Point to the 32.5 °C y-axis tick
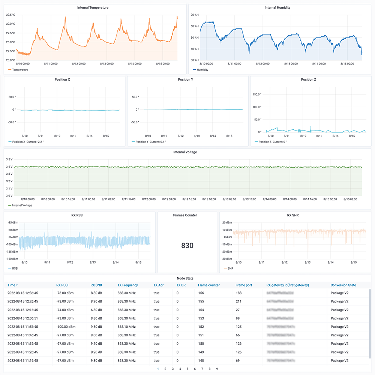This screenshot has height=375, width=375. pyautogui.click(x=10, y=15)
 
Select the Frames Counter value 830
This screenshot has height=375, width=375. pyautogui.click(x=187, y=246)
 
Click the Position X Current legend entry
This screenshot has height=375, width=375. pyautogui.click(x=28, y=142)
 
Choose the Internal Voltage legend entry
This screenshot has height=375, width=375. pyautogui.click(x=22, y=205)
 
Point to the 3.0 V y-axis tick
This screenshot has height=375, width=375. pyautogui.click(x=9, y=196)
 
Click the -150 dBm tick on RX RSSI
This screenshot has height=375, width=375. pyautogui.click(x=13, y=259)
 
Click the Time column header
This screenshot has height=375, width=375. pyautogui.click(x=13, y=285)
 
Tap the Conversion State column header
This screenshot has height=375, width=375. pyautogui.click(x=343, y=285)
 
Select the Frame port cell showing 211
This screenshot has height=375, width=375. pyautogui.click(x=238, y=301)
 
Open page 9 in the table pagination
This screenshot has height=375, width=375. pyautogui.click(x=217, y=369)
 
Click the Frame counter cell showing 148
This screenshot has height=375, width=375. pyautogui.click(x=201, y=360)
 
